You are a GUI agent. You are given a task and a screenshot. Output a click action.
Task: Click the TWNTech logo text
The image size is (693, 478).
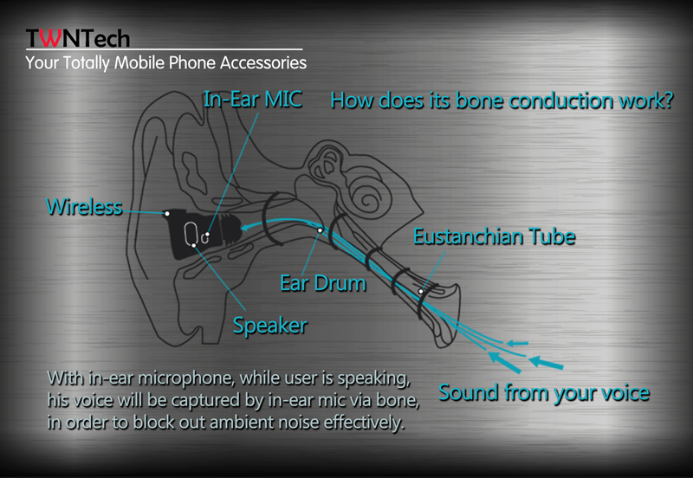point(78,38)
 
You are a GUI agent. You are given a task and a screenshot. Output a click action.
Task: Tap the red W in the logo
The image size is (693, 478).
point(51,38)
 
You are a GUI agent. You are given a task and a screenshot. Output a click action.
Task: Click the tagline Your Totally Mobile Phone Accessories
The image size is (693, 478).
point(165,62)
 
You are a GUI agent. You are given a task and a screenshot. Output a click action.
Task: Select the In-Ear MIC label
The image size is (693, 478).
point(253,99)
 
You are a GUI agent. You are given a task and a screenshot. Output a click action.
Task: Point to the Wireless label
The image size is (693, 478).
point(84,207)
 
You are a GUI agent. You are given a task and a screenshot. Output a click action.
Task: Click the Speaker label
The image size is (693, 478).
point(270,326)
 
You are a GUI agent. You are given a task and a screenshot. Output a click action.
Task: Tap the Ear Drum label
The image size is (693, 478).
point(323,283)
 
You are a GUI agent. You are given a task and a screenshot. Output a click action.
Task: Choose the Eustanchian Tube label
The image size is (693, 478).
point(494,236)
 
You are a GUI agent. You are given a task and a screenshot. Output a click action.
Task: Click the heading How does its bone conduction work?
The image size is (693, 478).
point(502,100)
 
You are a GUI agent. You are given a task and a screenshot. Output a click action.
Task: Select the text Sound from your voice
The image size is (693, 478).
point(544,392)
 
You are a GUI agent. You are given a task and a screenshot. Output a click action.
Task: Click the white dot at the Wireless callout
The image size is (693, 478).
point(167,214)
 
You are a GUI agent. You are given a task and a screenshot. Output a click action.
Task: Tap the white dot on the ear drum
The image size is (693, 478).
point(320,230)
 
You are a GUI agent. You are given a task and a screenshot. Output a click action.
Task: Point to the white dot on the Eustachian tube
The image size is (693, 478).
point(421,292)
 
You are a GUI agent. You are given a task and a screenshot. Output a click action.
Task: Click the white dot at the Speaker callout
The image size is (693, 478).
point(193,245)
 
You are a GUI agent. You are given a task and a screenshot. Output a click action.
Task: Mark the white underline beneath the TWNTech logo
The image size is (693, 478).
point(165,49)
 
